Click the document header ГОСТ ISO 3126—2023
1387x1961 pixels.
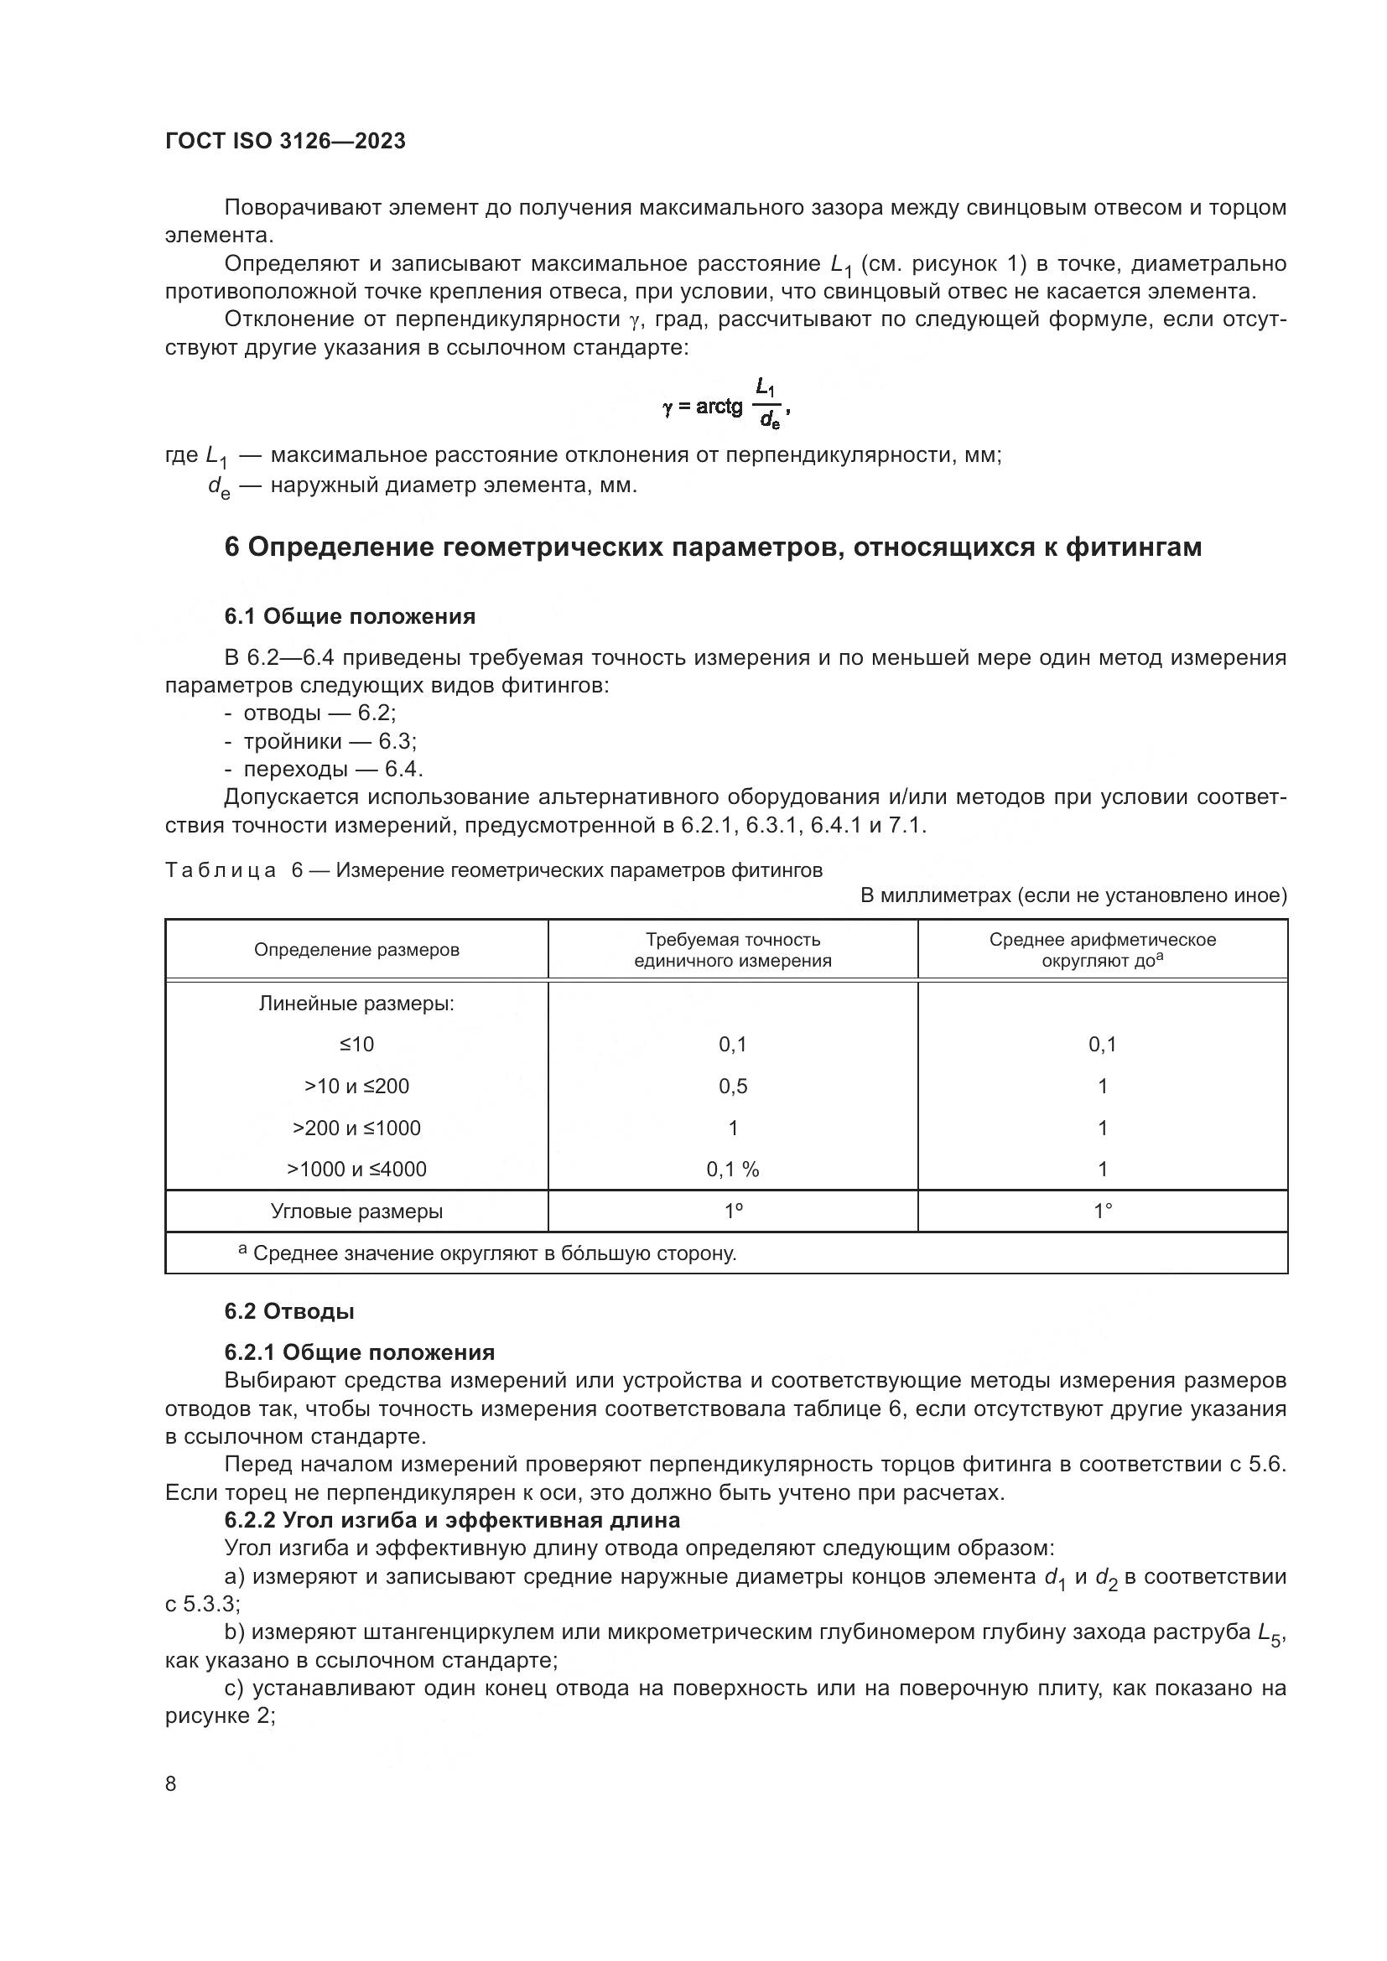(285, 141)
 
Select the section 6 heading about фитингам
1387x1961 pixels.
(712, 547)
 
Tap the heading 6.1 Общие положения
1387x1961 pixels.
(350, 616)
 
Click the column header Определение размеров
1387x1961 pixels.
(356, 950)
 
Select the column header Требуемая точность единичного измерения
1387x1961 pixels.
(732, 950)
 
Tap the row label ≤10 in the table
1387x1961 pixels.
(356, 1044)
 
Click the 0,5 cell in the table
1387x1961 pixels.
(732, 1086)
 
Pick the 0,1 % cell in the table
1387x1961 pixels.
(732, 1170)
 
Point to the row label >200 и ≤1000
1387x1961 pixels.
(356, 1128)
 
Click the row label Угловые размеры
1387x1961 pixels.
(356, 1211)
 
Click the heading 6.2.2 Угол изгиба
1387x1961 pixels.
(452, 1520)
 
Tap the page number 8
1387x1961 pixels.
(171, 1784)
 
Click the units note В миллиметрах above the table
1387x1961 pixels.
(1073, 895)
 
